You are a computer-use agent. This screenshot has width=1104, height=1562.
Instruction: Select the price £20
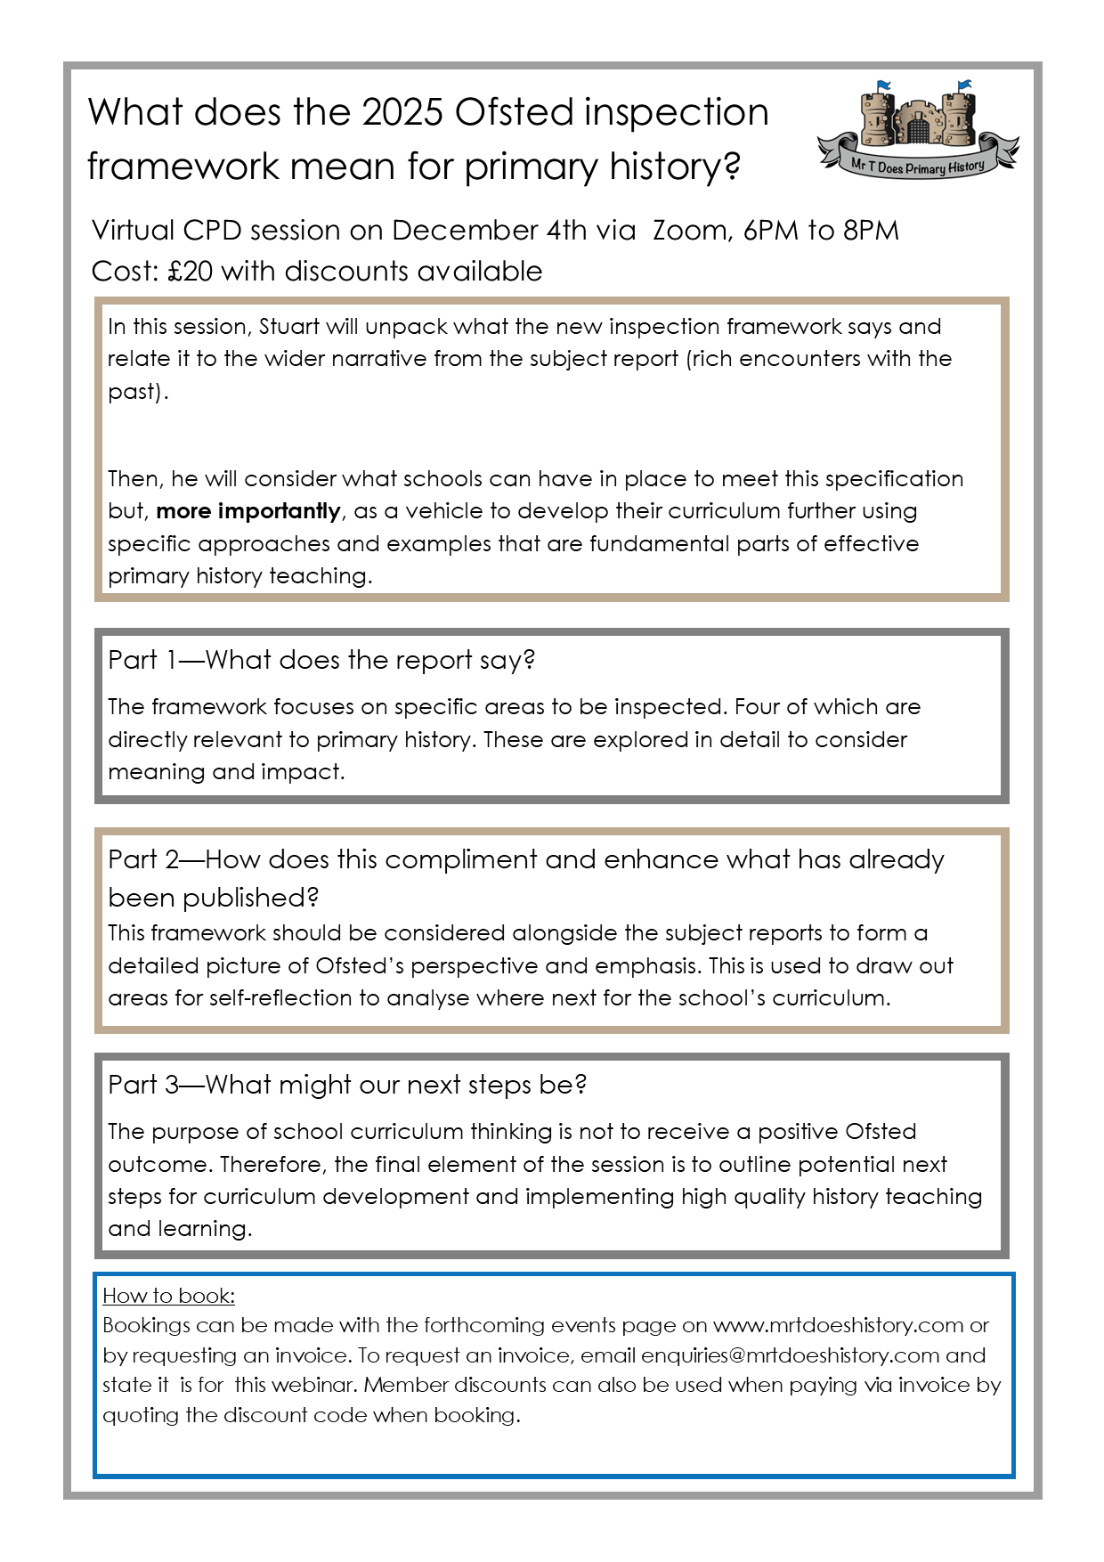coord(190,271)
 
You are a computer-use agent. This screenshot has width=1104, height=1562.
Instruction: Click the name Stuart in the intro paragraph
coord(289,327)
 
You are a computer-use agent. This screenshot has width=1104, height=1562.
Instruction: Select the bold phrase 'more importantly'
coord(248,511)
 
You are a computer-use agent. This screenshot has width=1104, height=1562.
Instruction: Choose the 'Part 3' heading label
coord(143,1086)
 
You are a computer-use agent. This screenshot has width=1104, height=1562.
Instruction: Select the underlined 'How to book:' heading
coord(168,1296)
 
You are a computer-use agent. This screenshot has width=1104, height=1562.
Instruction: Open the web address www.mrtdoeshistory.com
coord(838,1325)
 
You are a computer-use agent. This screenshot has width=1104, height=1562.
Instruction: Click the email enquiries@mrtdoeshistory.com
coord(790,1355)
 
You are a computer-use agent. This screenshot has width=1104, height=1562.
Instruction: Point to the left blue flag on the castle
coord(883,86)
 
